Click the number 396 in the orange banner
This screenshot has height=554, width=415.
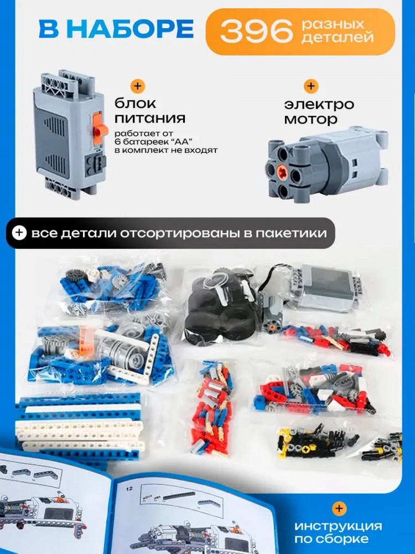pyautogui.click(x=256, y=30)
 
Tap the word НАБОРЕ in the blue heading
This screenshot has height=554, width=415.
pyautogui.click(x=134, y=29)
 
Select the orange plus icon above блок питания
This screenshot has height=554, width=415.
pyautogui.click(x=138, y=86)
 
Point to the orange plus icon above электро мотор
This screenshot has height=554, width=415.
pyautogui.click(x=311, y=86)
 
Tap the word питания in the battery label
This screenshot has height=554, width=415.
pyautogui.click(x=150, y=119)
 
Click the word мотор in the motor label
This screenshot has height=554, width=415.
pyautogui.click(x=311, y=119)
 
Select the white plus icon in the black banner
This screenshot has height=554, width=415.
pyautogui.click(x=19, y=233)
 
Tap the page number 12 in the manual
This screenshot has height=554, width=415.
pyautogui.click(x=129, y=488)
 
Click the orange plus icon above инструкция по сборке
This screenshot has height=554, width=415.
pyautogui.click(x=339, y=508)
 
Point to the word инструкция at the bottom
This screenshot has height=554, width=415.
pyautogui.click(x=338, y=526)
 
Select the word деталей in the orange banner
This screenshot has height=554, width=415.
pyautogui.click(x=338, y=37)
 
